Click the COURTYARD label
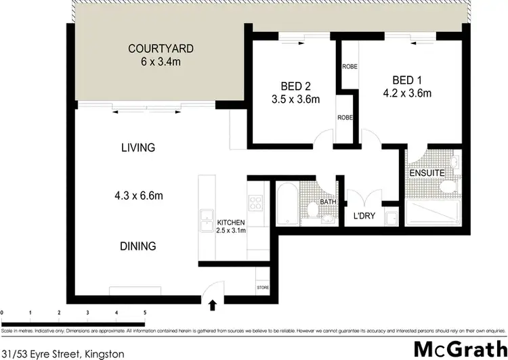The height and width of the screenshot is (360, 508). (161, 49)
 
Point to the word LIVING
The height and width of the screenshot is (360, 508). (138, 148)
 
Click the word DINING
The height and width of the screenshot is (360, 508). (139, 246)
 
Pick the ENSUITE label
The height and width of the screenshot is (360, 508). (426, 173)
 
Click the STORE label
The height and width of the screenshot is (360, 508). (263, 288)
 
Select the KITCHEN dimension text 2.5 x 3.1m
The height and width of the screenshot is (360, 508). (231, 231)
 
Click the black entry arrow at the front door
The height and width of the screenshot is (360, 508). (214, 306)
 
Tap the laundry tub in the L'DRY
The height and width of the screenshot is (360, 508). (391, 218)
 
